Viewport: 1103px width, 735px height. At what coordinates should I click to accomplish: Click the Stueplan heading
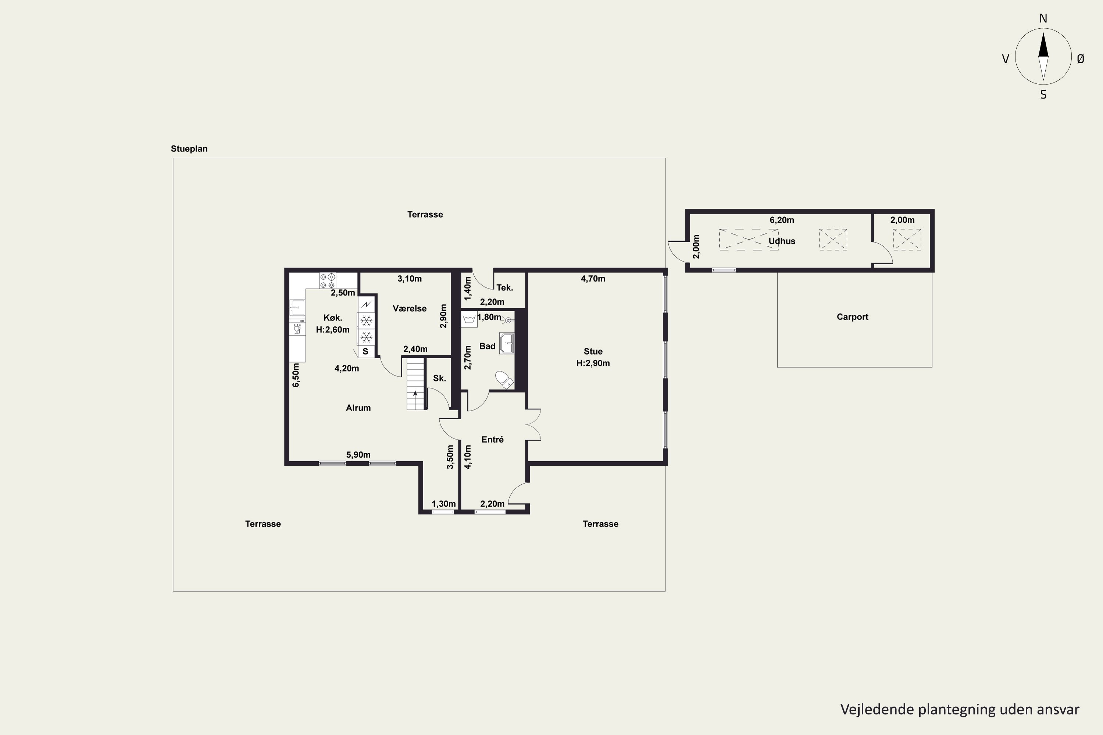point(189,148)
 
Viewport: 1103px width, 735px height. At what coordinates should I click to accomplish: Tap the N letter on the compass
point(1043,18)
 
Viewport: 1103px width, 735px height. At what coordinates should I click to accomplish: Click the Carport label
point(852,317)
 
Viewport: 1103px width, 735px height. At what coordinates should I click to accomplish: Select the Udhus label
point(782,241)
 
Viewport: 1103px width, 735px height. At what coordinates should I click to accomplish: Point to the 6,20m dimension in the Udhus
point(782,220)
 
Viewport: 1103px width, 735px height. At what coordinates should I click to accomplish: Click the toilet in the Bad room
point(504,380)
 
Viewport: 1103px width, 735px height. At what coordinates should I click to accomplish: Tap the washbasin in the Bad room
point(507,343)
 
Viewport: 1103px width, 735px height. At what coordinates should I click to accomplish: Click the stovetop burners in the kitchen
point(327,280)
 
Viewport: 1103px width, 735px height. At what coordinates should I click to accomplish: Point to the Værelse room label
point(410,308)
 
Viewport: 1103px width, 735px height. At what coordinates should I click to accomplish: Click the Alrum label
point(358,408)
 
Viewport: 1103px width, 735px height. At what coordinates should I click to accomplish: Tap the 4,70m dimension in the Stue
point(593,279)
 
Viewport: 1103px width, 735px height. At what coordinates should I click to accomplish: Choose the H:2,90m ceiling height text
point(593,363)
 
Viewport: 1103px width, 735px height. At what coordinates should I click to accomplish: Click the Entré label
point(492,439)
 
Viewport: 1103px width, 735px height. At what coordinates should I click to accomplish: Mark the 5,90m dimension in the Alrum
point(358,455)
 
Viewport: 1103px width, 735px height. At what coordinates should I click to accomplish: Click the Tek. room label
point(504,288)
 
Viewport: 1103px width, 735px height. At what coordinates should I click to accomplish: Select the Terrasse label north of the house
point(425,215)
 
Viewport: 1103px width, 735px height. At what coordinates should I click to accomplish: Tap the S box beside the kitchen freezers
point(366,351)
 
